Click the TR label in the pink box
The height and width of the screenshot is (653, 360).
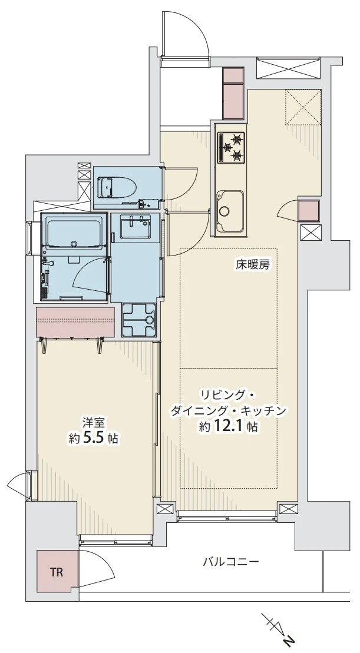(x=56, y=571)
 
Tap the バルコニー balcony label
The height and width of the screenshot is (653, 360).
(x=231, y=561)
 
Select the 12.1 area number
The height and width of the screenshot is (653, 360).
(x=229, y=427)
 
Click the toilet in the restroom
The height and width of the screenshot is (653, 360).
(x=115, y=188)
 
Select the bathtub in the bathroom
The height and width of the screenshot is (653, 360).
(x=73, y=234)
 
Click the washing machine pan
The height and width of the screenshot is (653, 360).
(x=138, y=319)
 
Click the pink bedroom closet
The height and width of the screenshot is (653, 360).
(x=75, y=323)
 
